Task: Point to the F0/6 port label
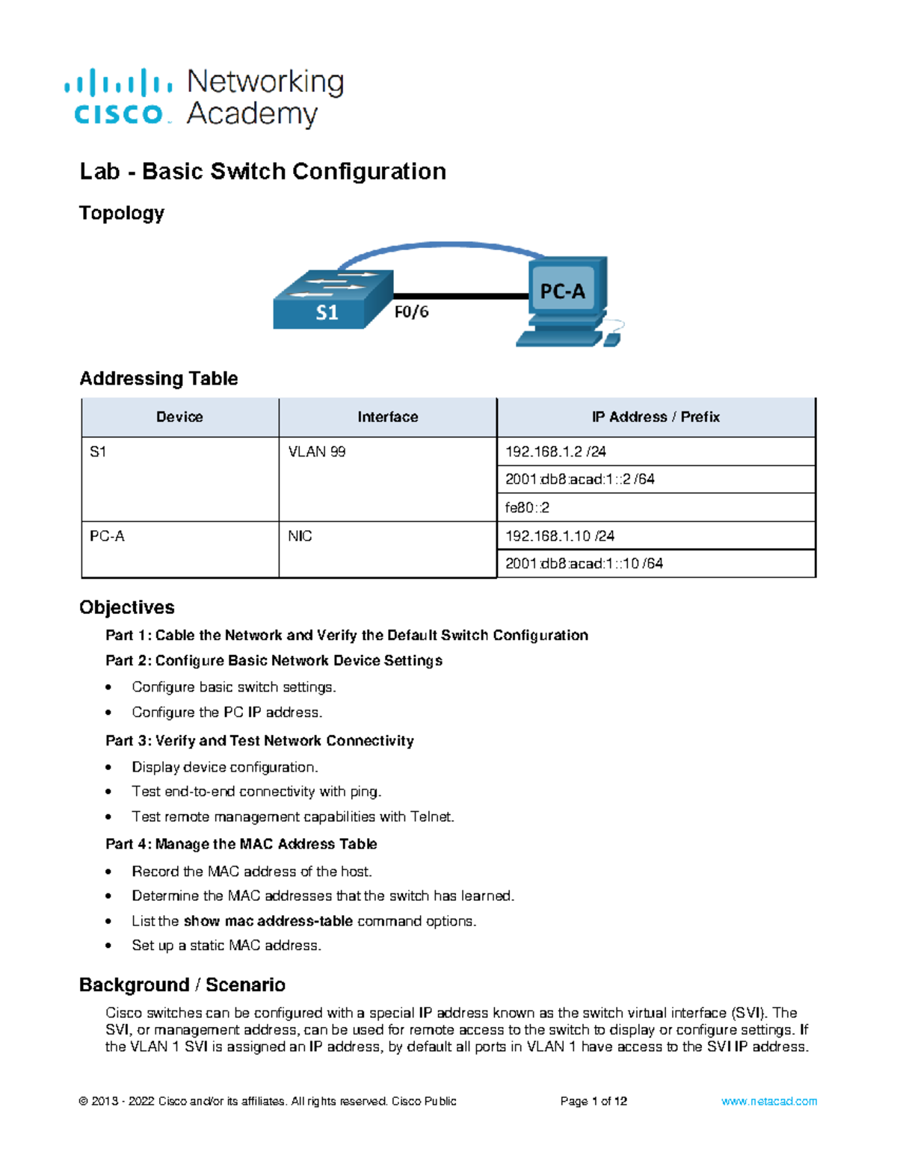pos(412,311)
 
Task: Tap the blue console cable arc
pos(441,245)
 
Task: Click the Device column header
pos(179,417)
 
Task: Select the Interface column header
pos(387,417)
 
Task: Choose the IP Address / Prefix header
pos(656,417)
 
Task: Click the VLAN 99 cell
pos(317,452)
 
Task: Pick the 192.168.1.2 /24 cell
pos(555,452)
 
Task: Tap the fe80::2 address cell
pos(527,508)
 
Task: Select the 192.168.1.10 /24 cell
pos(560,536)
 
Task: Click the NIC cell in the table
pos(300,536)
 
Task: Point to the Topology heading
pos(122,214)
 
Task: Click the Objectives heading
pos(127,607)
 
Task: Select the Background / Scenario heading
pos(182,985)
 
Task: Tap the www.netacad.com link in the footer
pos(769,1101)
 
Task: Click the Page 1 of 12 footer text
pos(594,1101)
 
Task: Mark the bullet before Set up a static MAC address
pos(109,946)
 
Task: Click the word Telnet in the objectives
pos(431,817)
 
